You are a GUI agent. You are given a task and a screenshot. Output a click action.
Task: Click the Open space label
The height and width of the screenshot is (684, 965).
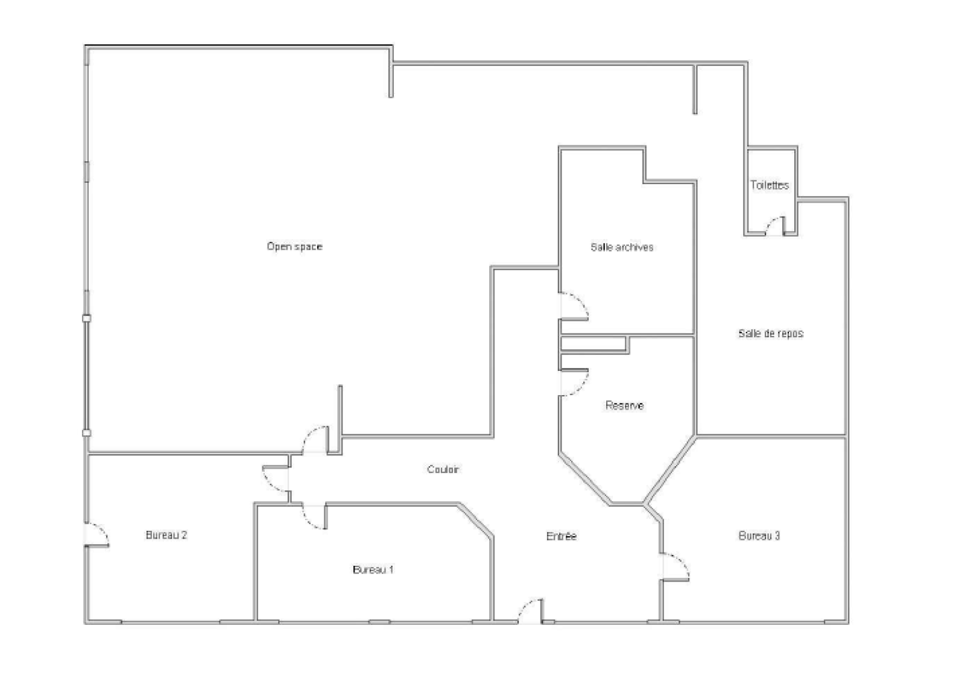(295, 247)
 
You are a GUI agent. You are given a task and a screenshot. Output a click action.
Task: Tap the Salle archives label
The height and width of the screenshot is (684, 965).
(622, 247)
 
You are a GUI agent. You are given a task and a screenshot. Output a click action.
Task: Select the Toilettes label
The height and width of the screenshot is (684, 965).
(770, 185)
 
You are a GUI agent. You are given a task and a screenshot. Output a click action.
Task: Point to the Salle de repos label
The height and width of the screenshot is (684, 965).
(771, 334)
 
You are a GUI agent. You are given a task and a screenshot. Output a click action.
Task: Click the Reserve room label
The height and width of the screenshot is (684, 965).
(624, 405)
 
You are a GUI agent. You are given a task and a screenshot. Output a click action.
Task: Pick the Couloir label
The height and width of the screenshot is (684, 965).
(443, 469)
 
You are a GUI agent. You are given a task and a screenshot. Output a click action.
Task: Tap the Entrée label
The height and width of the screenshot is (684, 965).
(562, 536)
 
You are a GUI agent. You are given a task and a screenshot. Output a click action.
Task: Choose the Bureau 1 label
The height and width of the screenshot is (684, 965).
(373, 570)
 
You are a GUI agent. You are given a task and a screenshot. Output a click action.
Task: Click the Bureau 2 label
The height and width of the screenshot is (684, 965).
(166, 535)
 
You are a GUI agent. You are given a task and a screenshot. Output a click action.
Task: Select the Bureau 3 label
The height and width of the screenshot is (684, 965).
(759, 536)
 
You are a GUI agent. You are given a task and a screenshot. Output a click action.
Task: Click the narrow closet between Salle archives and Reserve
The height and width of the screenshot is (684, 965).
(593, 344)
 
